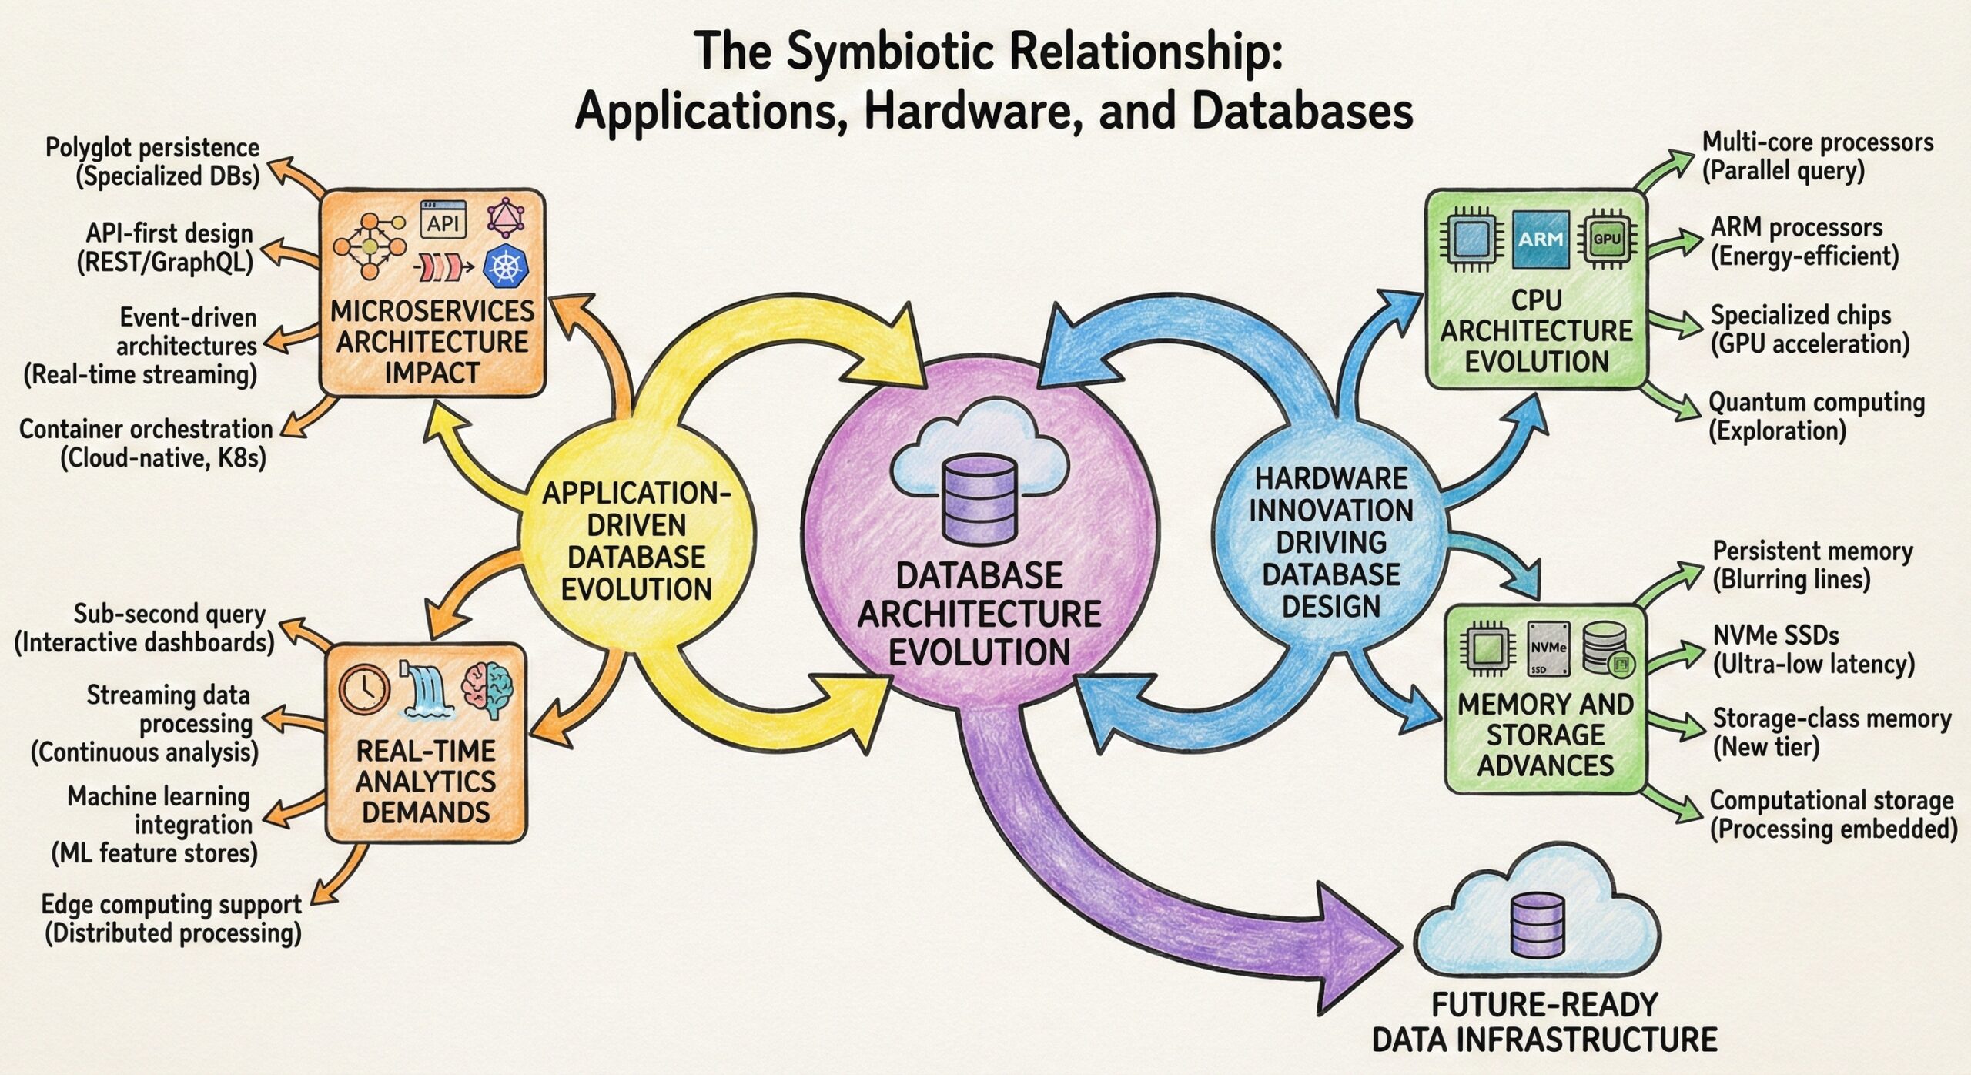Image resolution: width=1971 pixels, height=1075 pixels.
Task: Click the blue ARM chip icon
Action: pyautogui.click(x=1540, y=239)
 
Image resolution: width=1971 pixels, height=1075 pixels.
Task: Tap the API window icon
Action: pyautogui.click(x=443, y=220)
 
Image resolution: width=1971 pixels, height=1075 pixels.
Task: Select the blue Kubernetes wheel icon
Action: pyautogui.click(x=506, y=266)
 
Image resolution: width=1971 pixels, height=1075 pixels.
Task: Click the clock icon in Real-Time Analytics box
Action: pyautogui.click(x=365, y=688)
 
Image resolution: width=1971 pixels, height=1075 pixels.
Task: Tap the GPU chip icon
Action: pyautogui.click(x=1607, y=239)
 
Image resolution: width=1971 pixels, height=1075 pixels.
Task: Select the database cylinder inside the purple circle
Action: pyautogui.click(x=979, y=499)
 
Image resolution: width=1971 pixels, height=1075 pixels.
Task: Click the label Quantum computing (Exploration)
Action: pyautogui.click(x=1815, y=416)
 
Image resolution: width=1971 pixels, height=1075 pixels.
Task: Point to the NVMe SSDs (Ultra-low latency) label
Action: pyautogui.click(x=1812, y=649)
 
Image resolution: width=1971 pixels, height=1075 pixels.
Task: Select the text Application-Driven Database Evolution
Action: pyautogui.click(x=636, y=541)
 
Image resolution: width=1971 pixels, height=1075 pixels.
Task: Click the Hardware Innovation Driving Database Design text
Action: pyautogui.click(x=1330, y=541)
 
